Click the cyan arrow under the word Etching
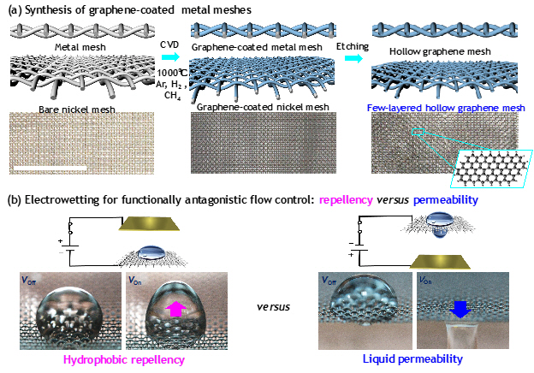354,58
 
